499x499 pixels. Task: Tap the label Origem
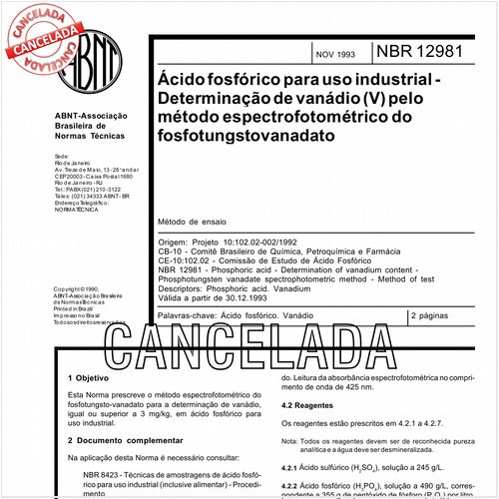173,243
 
